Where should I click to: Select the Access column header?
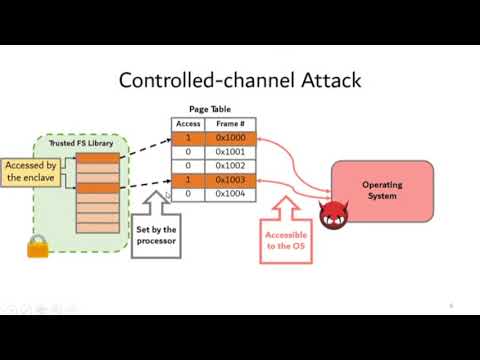click(x=188, y=124)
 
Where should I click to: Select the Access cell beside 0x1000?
click(x=188, y=138)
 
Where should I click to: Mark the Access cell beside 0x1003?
click(x=188, y=180)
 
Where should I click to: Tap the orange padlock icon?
click(x=38, y=245)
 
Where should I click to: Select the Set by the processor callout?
click(x=156, y=236)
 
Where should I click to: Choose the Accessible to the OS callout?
click(x=286, y=241)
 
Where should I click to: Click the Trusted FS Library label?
click(x=81, y=144)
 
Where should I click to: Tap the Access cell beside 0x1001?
click(x=188, y=152)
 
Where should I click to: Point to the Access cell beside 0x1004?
click(x=188, y=194)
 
